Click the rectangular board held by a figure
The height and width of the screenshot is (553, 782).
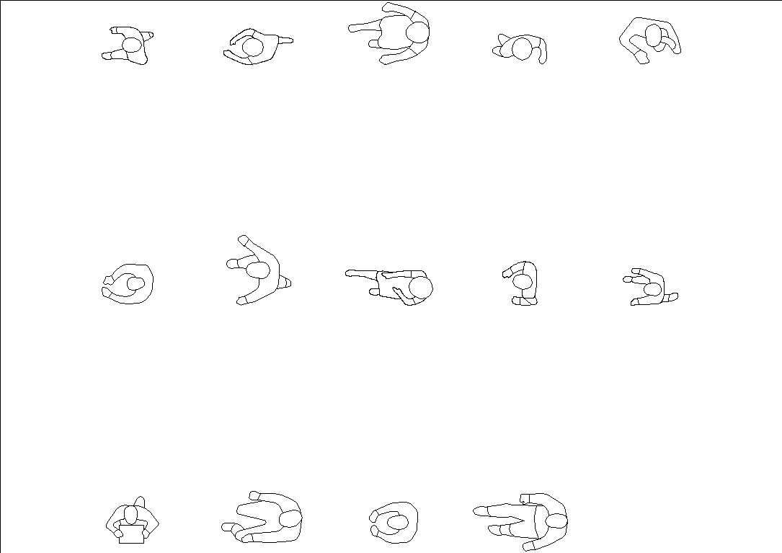click(x=131, y=534)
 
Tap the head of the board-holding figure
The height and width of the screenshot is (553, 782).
click(x=130, y=516)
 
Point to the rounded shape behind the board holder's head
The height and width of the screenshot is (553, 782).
click(x=140, y=501)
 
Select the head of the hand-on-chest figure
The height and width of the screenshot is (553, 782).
click(x=420, y=288)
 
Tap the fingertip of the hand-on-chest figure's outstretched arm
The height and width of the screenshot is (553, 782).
click(x=349, y=273)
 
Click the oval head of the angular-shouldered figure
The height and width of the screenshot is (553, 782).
click(x=654, y=35)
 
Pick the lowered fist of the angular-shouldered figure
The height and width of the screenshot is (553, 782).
click(x=641, y=58)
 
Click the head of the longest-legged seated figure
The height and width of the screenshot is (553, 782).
click(x=556, y=521)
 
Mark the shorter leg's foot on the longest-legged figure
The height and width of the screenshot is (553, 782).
click(x=494, y=530)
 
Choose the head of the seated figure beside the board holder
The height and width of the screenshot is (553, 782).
click(x=289, y=519)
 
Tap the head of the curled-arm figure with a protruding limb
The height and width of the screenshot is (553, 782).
click(x=252, y=48)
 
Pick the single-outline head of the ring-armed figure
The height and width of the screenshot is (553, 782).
click(x=135, y=284)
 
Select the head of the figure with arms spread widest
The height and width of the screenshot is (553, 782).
click(x=257, y=271)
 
